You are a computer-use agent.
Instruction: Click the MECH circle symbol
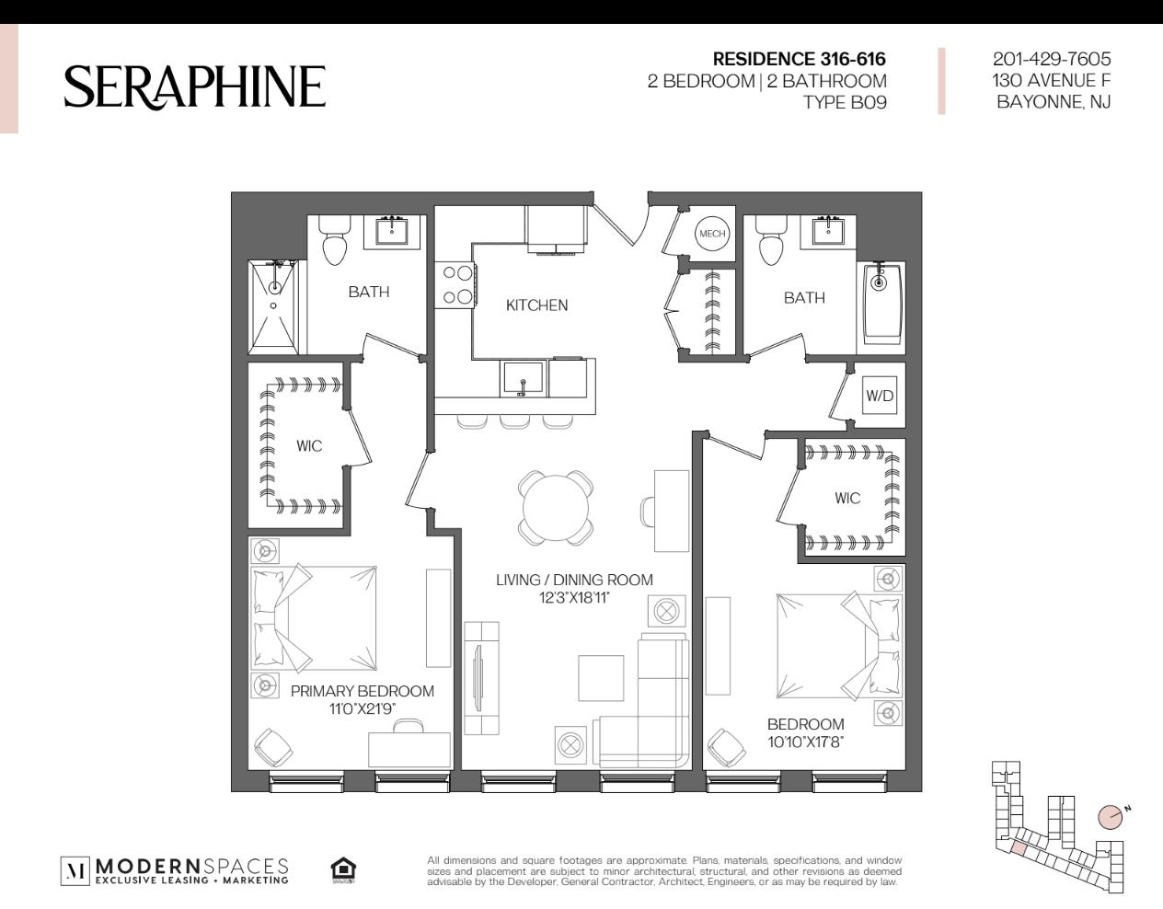tap(712, 234)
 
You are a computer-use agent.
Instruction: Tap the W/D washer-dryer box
tap(880, 396)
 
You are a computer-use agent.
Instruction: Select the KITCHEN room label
tap(536, 305)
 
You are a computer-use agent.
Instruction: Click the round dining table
tap(556, 508)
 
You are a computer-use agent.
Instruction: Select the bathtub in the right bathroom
tap(881, 307)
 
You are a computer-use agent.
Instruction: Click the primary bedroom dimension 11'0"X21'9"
tap(363, 709)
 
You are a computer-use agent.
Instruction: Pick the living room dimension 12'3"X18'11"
tap(574, 598)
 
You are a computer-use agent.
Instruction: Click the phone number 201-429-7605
tap(1052, 59)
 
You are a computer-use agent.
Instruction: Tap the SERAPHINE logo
tap(195, 87)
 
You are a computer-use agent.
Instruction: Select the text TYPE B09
tap(845, 102)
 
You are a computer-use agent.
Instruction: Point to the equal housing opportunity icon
tap(343, 870)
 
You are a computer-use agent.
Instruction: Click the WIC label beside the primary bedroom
tap(309, 445)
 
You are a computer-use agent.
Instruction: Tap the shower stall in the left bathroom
tap(273, 307)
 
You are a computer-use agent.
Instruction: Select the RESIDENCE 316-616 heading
tap(799, 59)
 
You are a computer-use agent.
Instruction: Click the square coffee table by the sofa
tap(601, 678)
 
